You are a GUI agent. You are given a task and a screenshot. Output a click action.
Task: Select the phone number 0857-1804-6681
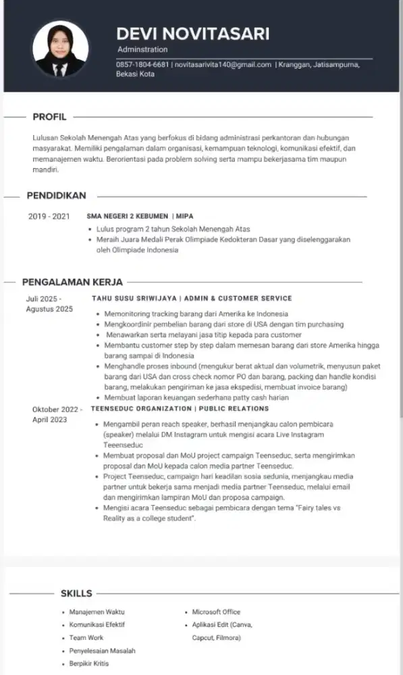(x=142, y=65)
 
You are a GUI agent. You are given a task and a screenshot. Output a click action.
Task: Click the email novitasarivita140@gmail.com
(x=223, y=65)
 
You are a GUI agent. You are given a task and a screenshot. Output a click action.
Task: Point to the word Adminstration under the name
(x=142, y=50)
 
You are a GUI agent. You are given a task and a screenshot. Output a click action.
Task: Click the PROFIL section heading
(x=49, y=117)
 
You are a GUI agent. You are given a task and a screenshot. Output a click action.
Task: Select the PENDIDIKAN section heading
(x=56, y=196)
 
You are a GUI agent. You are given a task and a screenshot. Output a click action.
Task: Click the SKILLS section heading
(x=76, y=593)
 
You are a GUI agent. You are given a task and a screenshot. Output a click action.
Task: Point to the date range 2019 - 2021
(x=49, y=217)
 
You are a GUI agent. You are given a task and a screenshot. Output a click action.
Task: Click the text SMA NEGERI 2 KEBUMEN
(x=127, y=217)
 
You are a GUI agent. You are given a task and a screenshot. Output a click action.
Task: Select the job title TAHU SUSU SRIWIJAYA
(x=134, y=298)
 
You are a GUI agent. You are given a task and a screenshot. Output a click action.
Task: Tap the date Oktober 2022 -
(x=57, y=409)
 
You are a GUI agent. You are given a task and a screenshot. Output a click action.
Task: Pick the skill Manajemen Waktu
(x=97, y=612)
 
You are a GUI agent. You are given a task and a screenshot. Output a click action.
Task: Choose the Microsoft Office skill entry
(x=216, y=612)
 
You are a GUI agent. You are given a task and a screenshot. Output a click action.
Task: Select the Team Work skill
(x=86, y=638)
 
